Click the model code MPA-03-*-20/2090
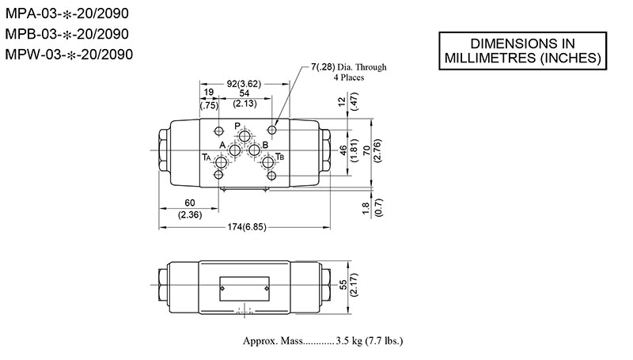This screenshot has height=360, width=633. coord(67,14)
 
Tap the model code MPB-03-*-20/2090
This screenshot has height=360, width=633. coord(67,34)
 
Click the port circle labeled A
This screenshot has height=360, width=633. coord(234,150)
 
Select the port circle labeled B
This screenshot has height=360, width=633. coord(255,150)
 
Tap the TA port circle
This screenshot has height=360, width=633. coord(221,162)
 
